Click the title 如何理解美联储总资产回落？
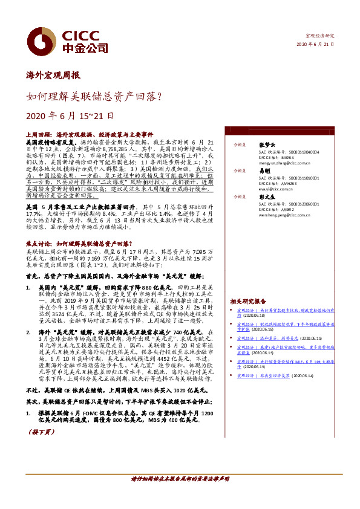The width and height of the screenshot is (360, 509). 93,96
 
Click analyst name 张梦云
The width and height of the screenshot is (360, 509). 266,145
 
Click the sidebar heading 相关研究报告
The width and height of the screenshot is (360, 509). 248,301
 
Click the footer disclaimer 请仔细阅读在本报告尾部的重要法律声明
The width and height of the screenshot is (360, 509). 180,478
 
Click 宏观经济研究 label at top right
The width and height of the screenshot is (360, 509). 319,36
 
